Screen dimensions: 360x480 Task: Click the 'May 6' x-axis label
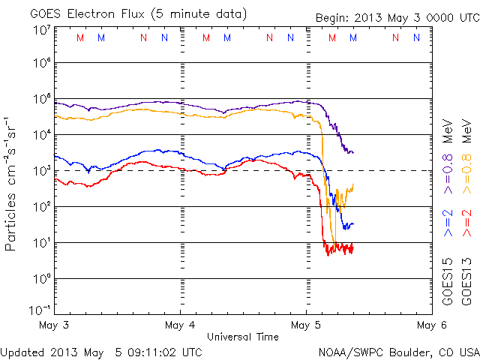click(x=426, y=325)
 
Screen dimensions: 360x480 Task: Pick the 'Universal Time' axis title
click(x=243, y=337)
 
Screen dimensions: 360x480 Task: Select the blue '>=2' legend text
click(x=448, y=224)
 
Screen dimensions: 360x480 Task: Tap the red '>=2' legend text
click(x=468, y=224)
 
